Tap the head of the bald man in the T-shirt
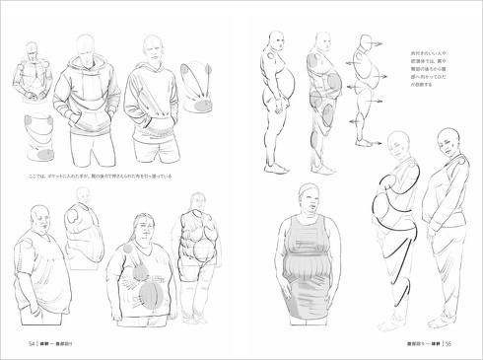pos(39,216)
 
